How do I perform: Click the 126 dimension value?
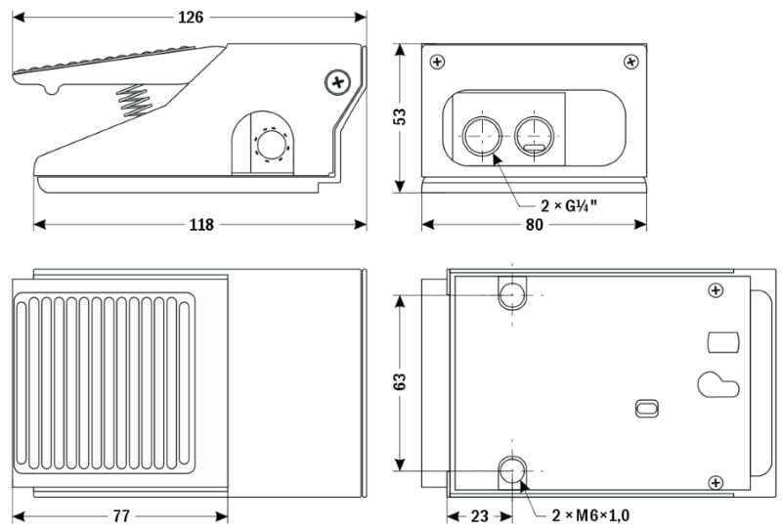pyautogui.click(x=191, y=17)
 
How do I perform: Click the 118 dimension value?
pyautogui.click(x=200, y=225)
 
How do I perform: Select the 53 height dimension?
pyautogui.click(x=399, y=116)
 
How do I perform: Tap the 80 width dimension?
pyautogui.click(x=534, y=225)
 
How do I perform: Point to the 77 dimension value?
pyautogui.click(x=121, y=515)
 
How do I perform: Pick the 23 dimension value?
pyautogui.click(x=479, y=515)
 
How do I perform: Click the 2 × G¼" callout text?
pyautogui.click(x=569, y=206)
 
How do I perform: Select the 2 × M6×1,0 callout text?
pyautogui.click(x=590, y=515)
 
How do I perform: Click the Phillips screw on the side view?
pyautogui.click(x=338, y=81)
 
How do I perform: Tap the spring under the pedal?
pyautogui.click(x=134, y=99)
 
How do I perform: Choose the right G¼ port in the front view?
pyautogui.click(x=533, y=133)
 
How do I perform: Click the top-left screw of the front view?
pyautogui.click(x=436, y=62)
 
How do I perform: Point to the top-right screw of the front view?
pyautogui.click(x=630, y=62)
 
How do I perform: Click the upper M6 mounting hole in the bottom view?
pyautogui.click(x=512, y=293)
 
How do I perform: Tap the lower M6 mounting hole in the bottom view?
pyautogui.click(x=512, y=471)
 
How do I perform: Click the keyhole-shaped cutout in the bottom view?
pyautogui.click(x=718, y=384)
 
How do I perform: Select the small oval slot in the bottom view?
pyautogui.click(x=646, y=407)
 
